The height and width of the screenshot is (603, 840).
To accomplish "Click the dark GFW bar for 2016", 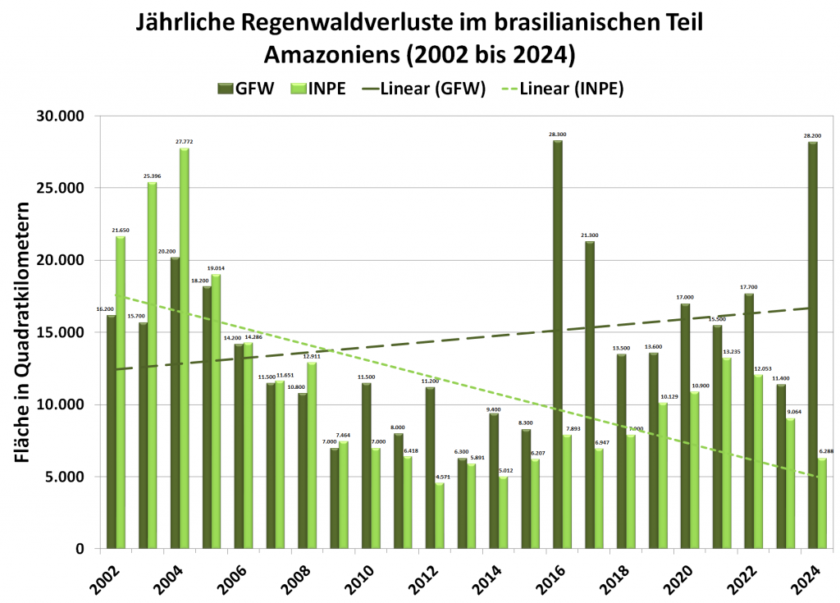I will pyautogui.click(x=558, y=345).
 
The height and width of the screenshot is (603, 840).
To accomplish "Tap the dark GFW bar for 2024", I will pyautogui.click(x=813, y=345).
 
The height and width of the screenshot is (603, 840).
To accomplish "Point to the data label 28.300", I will pyautogui.click(x=558, y=134).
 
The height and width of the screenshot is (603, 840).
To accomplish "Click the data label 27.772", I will pyautogui.click(x=185, y=141).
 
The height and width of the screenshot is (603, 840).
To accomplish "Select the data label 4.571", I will pyautogui.click(x=441, y=477).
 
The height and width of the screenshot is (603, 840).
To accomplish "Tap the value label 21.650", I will pyautogui.click(x=121, y=230).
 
